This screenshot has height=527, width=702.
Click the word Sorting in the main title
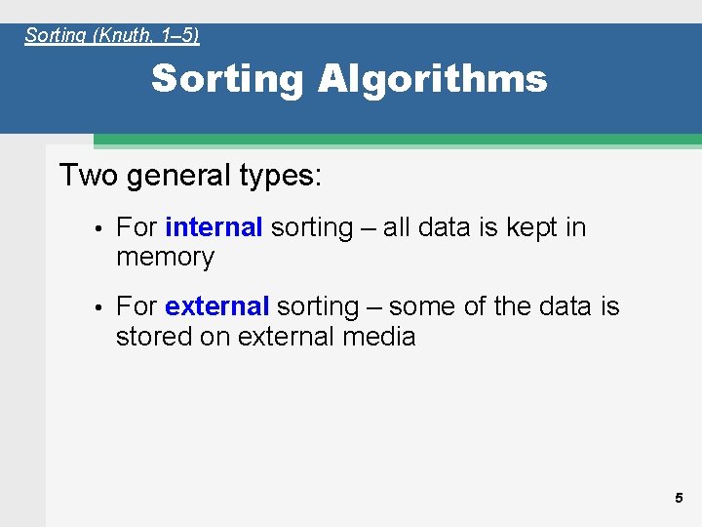point(227,79)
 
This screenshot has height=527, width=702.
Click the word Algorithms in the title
point(432,79)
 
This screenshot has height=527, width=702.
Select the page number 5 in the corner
point(679,498)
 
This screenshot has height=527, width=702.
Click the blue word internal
point(214,227)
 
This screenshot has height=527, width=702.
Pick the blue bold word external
point(216,306)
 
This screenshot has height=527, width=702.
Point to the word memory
point(165,258)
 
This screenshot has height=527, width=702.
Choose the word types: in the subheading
point(277,177)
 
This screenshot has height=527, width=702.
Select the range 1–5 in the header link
point(177,36)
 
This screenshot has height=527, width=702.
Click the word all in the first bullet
point(396,227)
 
